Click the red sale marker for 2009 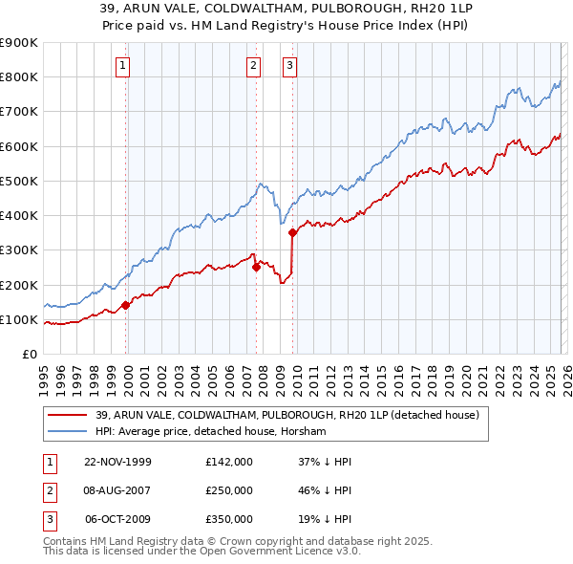coord(292,232)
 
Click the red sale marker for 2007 coord(256,268)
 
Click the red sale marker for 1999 coord(126,306)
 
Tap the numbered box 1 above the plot coord(124,66)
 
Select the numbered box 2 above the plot coord(253,66)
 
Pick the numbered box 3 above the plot coord(289,66)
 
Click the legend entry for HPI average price coord(210,432)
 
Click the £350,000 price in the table coord(228,519)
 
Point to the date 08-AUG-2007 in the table coord(118,490)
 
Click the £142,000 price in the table coord(228,462)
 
